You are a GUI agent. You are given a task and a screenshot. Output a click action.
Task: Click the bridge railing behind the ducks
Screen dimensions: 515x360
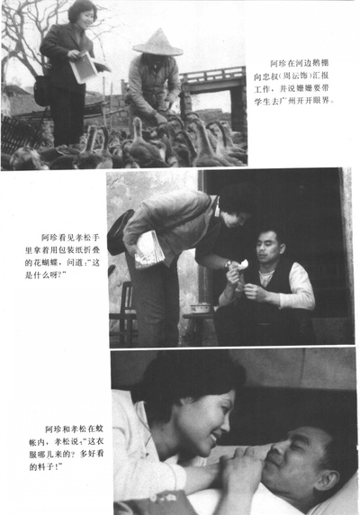pyautogui.click(x=212, y=76)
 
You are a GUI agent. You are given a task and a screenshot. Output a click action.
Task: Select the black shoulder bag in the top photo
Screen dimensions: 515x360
pyautogui.click(x=42, y=87)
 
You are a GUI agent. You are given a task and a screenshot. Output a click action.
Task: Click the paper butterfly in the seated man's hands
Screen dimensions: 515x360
pyautogui.click(x=240, y=264)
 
